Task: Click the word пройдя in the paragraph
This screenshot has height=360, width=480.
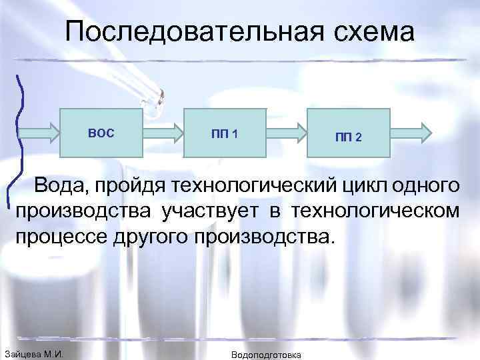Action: (137, 185)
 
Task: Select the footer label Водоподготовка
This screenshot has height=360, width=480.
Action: (265, 354)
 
